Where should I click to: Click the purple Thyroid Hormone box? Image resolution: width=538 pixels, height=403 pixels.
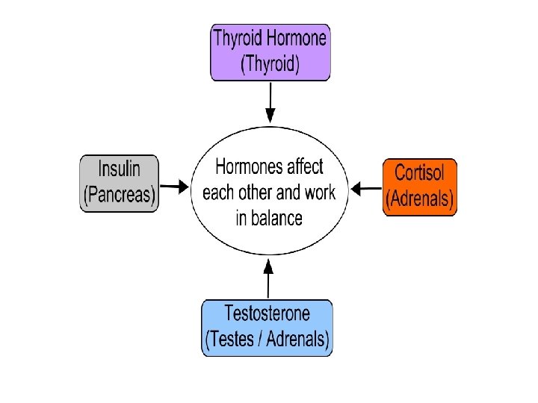click(x=270, y=52)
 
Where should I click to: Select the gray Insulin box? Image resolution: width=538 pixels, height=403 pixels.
click(x=120, y=183)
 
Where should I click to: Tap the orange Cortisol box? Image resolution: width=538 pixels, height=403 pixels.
click(x=419, y=187)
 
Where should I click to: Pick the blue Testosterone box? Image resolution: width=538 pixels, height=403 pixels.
click(x=268, y=327)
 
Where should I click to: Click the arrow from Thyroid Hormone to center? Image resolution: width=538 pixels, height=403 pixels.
click(x=270, y=103)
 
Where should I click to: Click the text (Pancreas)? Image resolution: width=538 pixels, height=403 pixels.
click(x=120, y=196)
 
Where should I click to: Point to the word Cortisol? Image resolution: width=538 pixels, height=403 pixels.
click(x=419, y=174)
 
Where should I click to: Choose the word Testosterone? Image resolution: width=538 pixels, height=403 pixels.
click(x=268, y=313)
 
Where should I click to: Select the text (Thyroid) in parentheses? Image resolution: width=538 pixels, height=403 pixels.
click(x=270, y=65)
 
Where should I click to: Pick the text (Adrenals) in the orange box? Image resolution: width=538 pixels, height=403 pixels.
click(x=419, y=199)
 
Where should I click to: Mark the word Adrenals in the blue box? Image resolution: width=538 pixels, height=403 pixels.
click(x=294, y=340)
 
